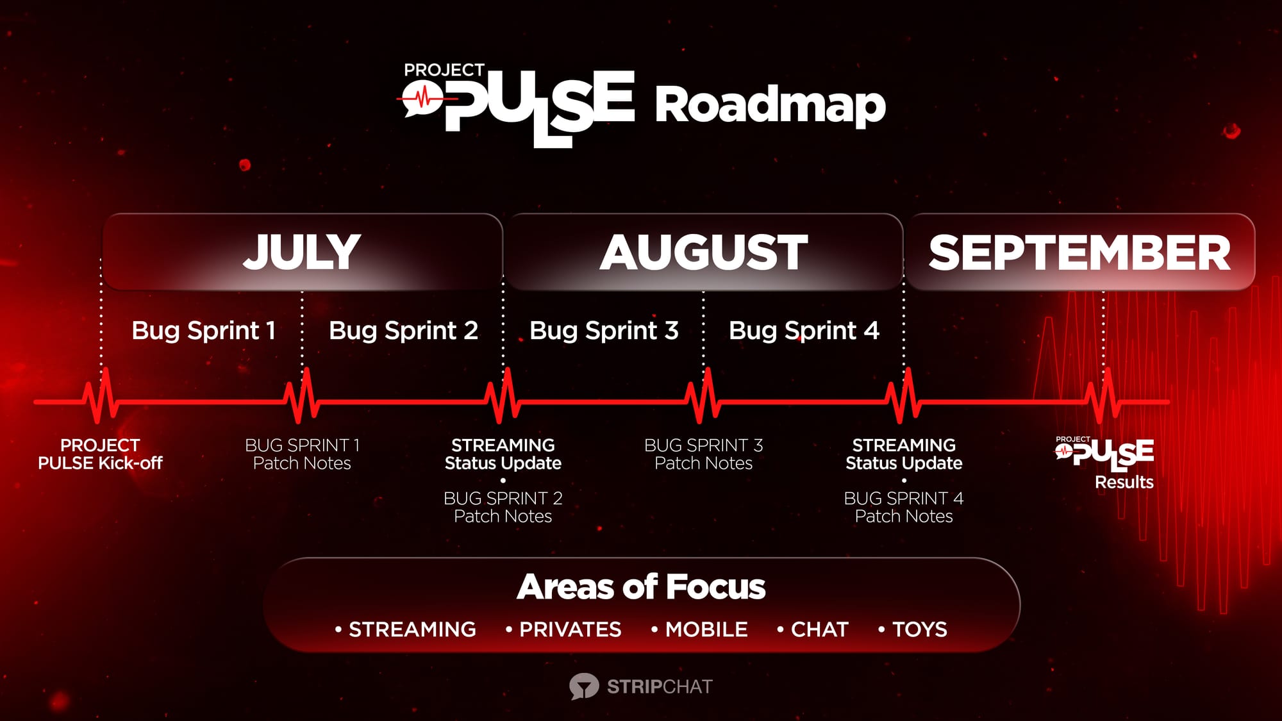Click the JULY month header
click(x=302, y=252)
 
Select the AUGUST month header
click(x=704, y=252)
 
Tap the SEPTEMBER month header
click(x=1079, y=252)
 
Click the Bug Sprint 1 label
click(x=204, y=331)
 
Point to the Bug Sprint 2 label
click(x=404, y=331)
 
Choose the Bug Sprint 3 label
click(x=604, y=331)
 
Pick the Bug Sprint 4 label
click(x=804, y=331)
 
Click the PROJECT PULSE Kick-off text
click(x=100, y=454)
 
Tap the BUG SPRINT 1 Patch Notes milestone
click(x=302, y=454)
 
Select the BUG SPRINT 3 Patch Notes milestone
click(x=703, y=454)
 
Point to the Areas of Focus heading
click(x=641, y=586)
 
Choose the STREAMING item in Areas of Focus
click(x=412, y=629)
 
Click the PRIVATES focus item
click(x=570, y=629)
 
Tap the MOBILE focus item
click(x=706, y=629)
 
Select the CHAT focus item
click(x=819, y=629)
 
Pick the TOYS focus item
click(x=919, y=629)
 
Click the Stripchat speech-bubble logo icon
click(x=584, y=686)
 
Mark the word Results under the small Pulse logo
click(x=1124, y=482)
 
